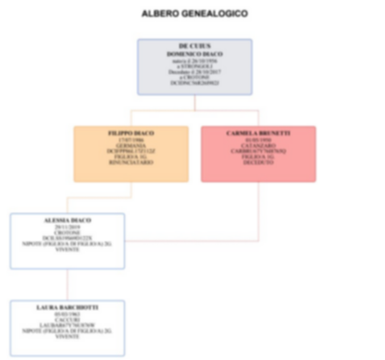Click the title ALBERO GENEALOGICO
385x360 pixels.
point(194,14)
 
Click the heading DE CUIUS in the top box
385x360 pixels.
point(194,45)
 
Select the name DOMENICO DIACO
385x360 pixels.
point(194,53)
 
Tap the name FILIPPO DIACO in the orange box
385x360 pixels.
point(130,133)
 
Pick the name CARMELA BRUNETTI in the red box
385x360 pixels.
point(257,133)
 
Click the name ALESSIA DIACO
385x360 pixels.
point(67,221)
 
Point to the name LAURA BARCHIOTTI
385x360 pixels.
point(67,306)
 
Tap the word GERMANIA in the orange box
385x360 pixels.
point(130,146)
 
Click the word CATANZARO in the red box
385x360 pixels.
point(257,146)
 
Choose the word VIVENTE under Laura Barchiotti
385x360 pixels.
point(67,336)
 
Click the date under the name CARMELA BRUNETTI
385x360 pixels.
point(257,140)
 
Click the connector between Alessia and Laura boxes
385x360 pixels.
point(67,284)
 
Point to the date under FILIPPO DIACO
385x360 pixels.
point(130,140)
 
